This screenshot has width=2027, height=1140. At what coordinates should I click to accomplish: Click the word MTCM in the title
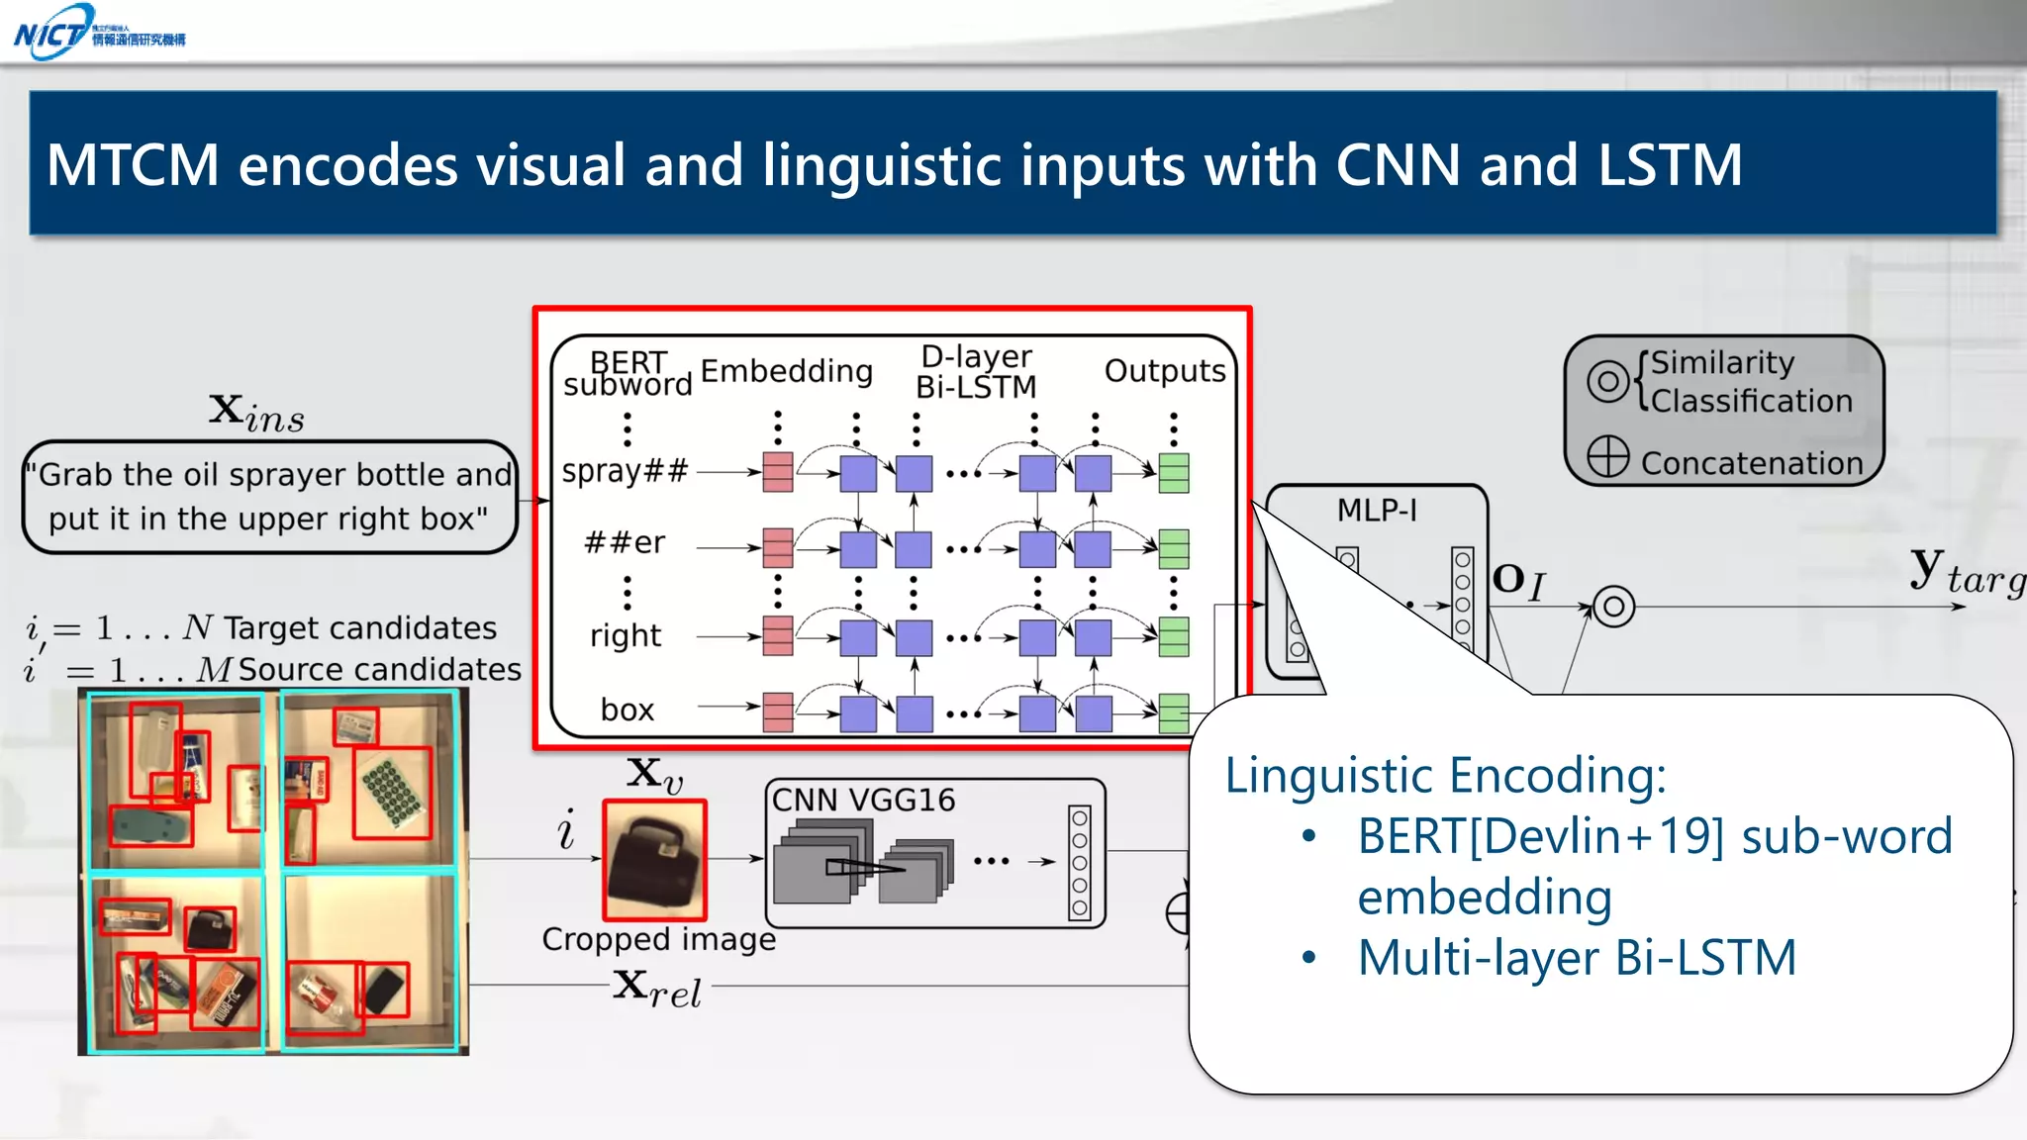click(x=133, y=165)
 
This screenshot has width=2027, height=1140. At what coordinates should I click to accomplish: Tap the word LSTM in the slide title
click(x=1670, y=165)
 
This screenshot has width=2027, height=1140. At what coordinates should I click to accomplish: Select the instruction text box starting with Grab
click(x=269, y=497)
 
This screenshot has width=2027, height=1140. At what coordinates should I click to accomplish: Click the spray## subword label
click(x=625, y=471)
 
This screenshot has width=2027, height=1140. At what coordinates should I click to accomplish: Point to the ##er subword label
click(x=625, y=543)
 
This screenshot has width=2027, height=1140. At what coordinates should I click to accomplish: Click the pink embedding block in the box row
click(x=778, y=712)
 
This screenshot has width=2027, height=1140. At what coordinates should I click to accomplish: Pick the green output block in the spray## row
click(x=1174, y=473)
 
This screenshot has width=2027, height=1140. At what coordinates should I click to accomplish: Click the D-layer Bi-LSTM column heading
click(x=976, y=371)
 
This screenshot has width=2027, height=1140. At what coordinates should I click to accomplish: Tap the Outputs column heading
click(x=1164, y=371)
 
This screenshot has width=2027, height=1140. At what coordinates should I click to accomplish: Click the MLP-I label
click(x=1377, y=511)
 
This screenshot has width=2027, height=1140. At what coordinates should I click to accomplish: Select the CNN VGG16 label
click(x=863, y=800)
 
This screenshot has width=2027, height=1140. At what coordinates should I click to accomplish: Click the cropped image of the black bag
click(x=655, y=860)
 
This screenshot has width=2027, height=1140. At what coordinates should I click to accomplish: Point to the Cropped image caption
click(x=658, y=939)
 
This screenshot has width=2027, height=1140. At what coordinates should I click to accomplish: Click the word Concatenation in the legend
click(x=1751, y=463)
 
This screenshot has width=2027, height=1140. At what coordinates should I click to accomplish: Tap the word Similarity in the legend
click(x=1722, y=363)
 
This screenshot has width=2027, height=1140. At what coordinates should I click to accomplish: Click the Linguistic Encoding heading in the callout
click(x=1445, y=775)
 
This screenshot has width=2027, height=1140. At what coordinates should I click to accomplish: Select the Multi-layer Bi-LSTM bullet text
click(x=1576, y=958)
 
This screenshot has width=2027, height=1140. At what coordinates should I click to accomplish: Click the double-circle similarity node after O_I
click(x=1613, y=606)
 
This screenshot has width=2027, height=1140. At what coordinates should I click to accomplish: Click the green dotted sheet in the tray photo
click(x=393, y=790)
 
